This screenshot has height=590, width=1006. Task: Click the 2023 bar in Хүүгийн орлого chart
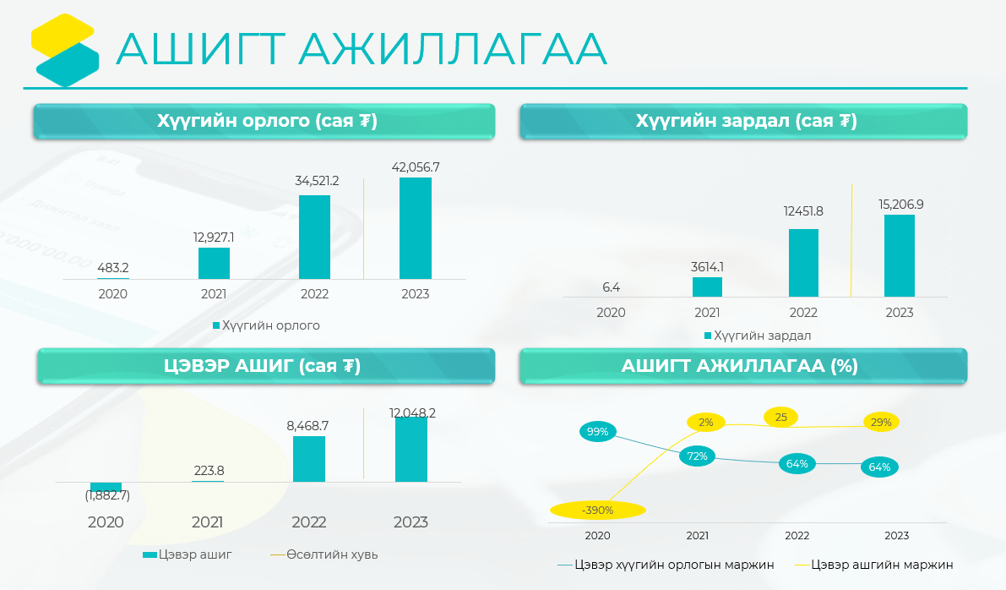click(x=415, y=228)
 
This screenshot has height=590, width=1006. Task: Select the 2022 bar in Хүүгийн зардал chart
click(x=803, y=263)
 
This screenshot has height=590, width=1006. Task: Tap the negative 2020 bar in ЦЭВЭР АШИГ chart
click(x=106, y=487)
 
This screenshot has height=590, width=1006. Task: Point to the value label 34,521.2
click(x=317, y=181)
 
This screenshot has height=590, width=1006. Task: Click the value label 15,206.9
click(x=900, y=205)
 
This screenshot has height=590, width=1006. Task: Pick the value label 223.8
click(x=209, y=471)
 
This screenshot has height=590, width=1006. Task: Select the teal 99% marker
click(x=597, y=431)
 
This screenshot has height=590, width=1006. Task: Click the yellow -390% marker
click(x=598, y=511)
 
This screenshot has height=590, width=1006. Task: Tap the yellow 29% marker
click(x=881, y=423)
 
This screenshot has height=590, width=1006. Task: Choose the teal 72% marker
click(x=698, y=456)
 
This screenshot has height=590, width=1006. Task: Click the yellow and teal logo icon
click(x=65, y=50)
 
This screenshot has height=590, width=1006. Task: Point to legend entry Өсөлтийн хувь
click(x=324, y=554)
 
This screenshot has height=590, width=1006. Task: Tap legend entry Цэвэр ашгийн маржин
click(x=874, y=565)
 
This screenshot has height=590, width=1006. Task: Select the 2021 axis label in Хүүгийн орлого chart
click(x=214, y=294)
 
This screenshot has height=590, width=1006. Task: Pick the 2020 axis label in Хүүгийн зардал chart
click(x=611, y=313)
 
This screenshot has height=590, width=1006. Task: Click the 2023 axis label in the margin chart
click(x=896, y=535)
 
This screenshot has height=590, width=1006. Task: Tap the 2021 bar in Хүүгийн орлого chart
click(x=214, y=263)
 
